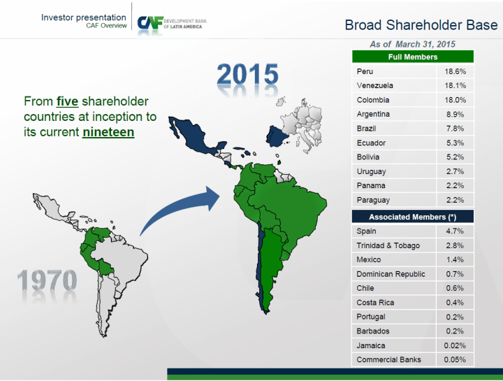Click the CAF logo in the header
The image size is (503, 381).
pyautogui.click(x=173, y=23)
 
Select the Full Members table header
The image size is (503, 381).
pyautogui.click(x=413, y=57)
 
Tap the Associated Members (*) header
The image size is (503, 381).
pyautogui.click(x=413, y=217)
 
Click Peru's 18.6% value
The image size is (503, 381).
pyautogui.click(x=455, y=71)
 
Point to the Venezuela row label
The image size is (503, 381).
pyautogui.click(x=374, y=85)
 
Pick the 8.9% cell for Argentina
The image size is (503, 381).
pyautogui.click(x=455, y=114)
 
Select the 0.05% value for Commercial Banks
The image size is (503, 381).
pyautogui.click(x=455, y=359)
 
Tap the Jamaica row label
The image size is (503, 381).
pyautogui.click(x=371, y=345)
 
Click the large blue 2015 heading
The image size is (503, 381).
pyautogui.click(x=247, y=75)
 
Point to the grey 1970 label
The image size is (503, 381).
pyautogui.click(x=48, y=280)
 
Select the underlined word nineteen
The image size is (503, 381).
pyautogui.click(x=108, y=132)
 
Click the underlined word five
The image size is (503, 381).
pyautogui.click(x=67, y=101)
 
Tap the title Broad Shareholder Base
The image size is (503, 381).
pyautogui.click(x=421, y=25)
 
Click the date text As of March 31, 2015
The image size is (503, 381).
pyautogui.click(x=413, y=44)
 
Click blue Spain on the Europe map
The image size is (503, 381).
pyautogui.click(x=277, y=136)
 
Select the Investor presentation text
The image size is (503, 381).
pyautogui.click(x=83, y=17)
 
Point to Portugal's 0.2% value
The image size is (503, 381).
pyautogui.click(x=455, y=317)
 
